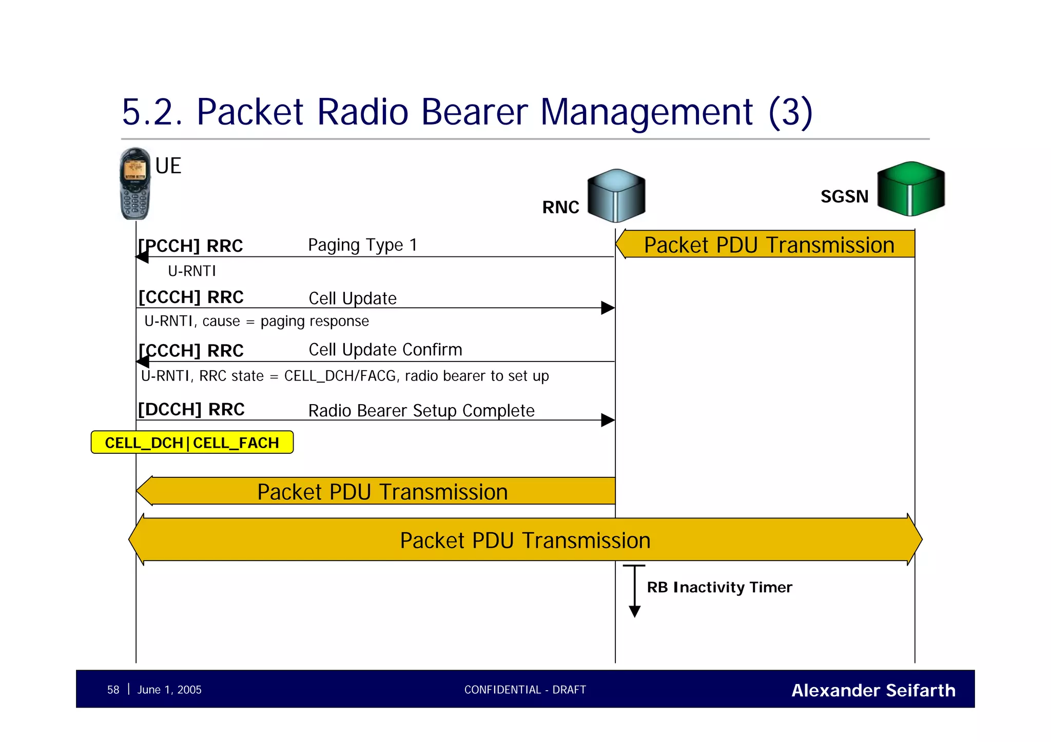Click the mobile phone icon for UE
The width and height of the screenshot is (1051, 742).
pos(135,184)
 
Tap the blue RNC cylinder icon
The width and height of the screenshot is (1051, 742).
pos(616,195)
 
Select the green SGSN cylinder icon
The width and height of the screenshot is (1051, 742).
pos(910,189)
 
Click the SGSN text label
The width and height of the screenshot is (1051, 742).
pos(844,196)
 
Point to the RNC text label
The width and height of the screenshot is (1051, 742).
pos(560,207)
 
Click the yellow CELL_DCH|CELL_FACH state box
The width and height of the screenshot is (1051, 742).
pos(192,443)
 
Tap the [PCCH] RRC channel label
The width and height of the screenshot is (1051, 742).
pos(191,246)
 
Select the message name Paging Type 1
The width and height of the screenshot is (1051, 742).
pos(362,245)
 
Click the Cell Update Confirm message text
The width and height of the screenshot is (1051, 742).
pos(385,350)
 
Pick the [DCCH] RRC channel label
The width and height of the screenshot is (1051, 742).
pos(191,409)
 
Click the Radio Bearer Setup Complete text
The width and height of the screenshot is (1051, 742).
pos(421,410)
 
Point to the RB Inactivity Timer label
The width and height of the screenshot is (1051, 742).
pos(719,587)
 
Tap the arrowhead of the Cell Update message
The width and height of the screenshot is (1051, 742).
pos(608,308)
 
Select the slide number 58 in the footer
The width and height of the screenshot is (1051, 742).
pos(113,690)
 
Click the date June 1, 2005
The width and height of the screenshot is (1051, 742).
pos(169,690)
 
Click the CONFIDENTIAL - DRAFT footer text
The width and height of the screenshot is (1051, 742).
pos(524,690)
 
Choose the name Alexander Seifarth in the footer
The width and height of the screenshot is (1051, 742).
pos(873,690)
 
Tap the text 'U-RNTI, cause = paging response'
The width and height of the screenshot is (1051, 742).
pos(257,321)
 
